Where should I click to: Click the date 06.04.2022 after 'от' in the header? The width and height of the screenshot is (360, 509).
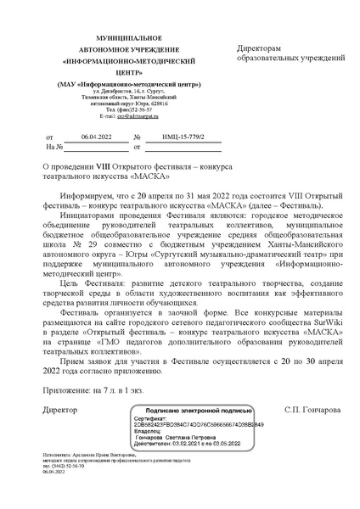pyautogui.click(x=97, y=136)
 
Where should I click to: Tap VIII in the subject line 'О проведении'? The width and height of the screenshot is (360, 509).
pyautogui.click(x=112, y=169)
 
